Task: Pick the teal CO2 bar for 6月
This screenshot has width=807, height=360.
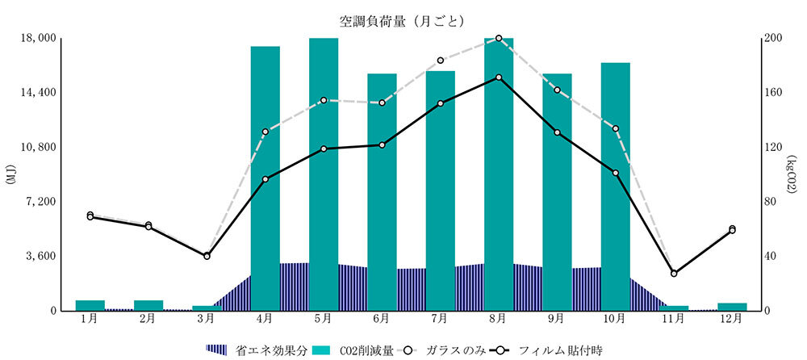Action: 382,170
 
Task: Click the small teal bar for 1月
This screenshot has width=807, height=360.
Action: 90,305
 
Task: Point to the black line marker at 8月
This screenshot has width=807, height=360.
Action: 499,77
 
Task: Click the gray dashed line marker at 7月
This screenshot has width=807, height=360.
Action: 441,61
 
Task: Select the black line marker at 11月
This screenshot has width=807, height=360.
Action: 674,274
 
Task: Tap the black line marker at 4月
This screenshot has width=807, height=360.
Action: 266,179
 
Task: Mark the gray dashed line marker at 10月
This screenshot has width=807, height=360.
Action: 615,128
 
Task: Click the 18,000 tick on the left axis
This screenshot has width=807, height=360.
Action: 36,38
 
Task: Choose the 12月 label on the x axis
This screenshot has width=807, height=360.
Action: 732,320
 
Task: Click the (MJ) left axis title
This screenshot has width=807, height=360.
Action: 10,174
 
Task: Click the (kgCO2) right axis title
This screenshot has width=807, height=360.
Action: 795,174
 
